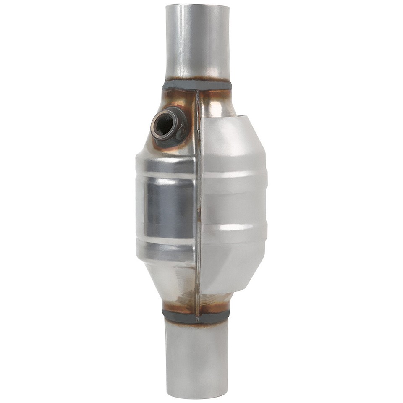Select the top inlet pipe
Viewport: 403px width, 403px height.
tap(197, 42)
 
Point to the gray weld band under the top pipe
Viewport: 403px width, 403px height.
tap(197, 85)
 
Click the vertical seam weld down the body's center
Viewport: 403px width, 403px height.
tap(196, 201)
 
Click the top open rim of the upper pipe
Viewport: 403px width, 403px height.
tap(197, 6)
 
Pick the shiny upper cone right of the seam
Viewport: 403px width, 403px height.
tap(216, 105)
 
